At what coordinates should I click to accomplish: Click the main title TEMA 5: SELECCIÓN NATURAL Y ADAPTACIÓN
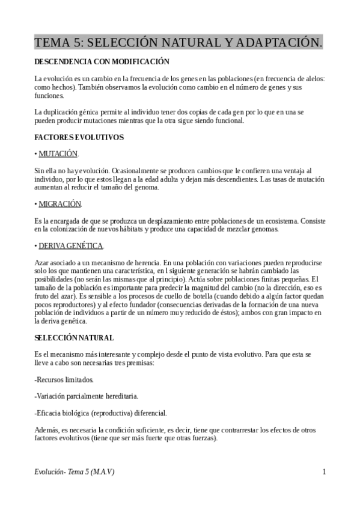pyautogui.click(x=178, y=42)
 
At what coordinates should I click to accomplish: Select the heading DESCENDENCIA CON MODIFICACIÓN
pyautogui.click(x=102, y=62)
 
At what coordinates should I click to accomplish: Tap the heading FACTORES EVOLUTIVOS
pyautogui.click(x=79, y=137)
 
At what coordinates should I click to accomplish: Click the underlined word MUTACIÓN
pyautogui.click(x=58, y=154)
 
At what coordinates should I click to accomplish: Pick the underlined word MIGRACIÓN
pyautogui.click(x=59, y=204)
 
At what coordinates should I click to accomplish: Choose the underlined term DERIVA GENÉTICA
pyautogui.click(x=71, y=245)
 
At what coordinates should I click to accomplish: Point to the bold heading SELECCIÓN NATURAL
pyautogui.click(x=74, y=338)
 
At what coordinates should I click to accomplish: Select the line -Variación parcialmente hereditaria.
pyautogui.click(x=87, y=396)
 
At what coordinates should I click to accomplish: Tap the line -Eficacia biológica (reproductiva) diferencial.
pyautogui.click(x=101, y=413)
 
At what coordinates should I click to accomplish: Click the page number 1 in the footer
pyautogui.click(x=324, y=472)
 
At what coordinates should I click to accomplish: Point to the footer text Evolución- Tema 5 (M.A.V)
pyautogui.click(x=75, y=472)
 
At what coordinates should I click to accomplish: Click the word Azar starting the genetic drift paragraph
pyautogui.click(x=43, y=263)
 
